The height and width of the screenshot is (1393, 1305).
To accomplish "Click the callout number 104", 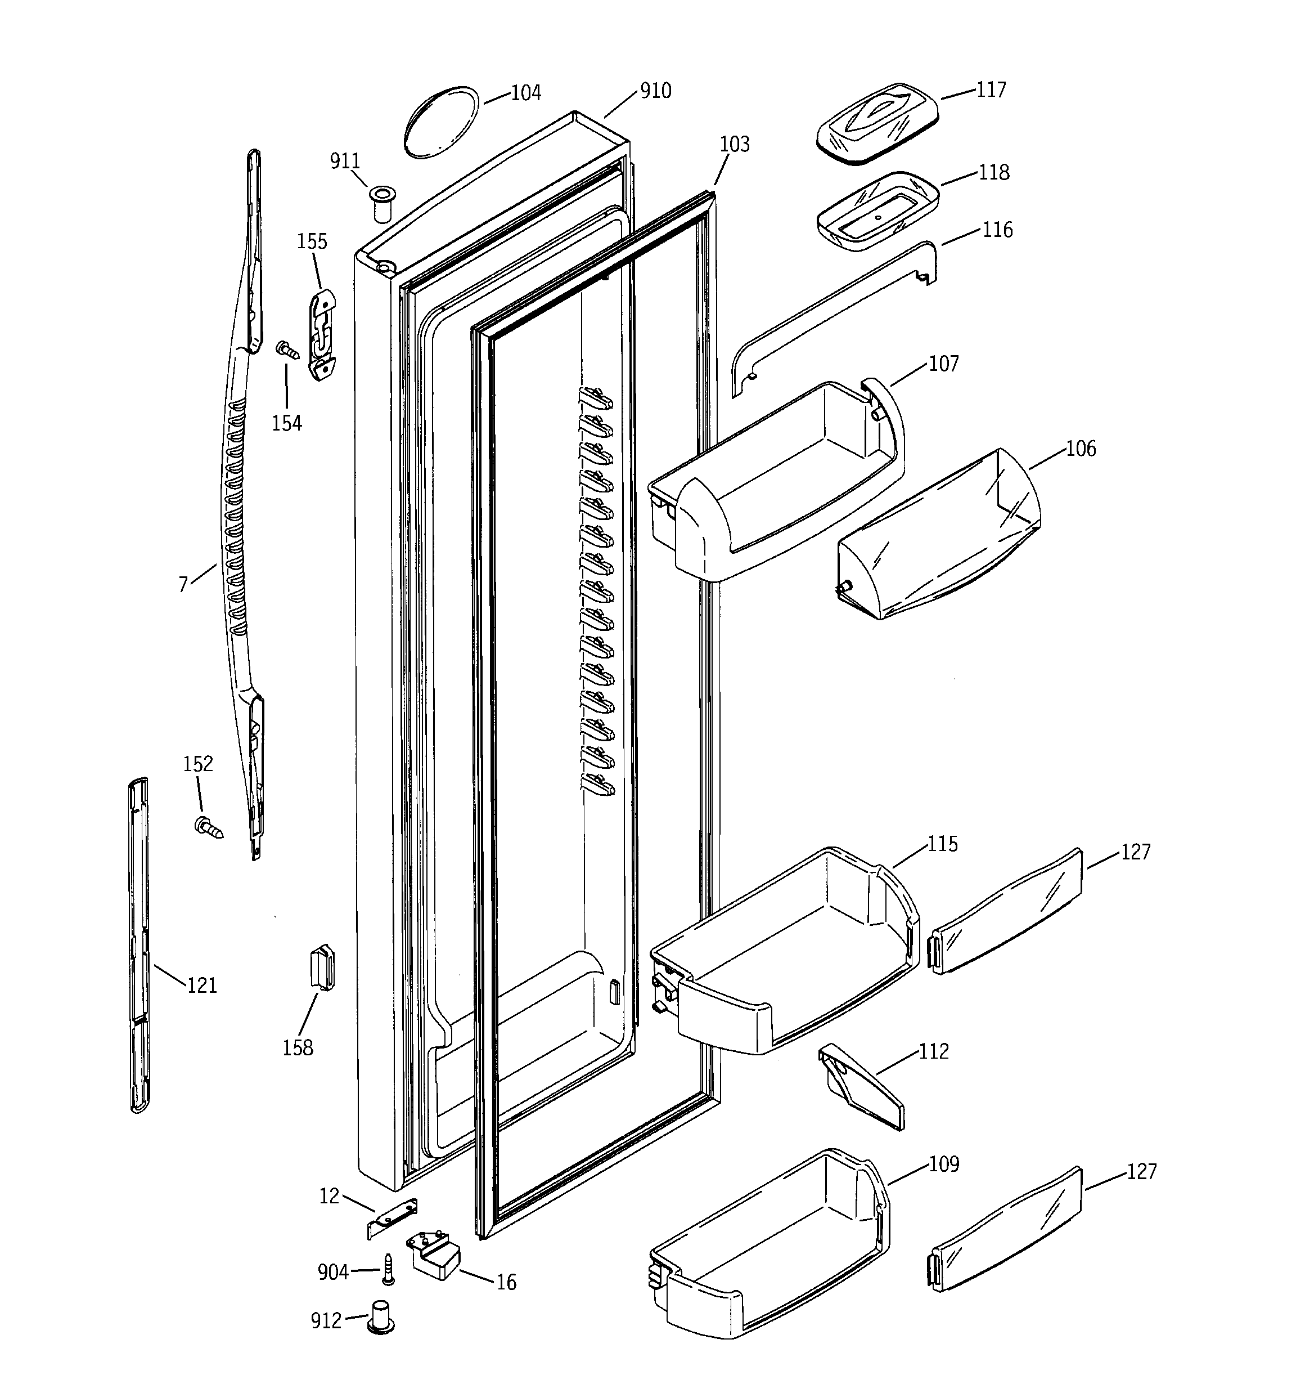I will click(525, 93).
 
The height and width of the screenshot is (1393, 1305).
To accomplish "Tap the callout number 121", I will click(202, 986).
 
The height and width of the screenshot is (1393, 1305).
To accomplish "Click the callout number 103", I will click(734, 144).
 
